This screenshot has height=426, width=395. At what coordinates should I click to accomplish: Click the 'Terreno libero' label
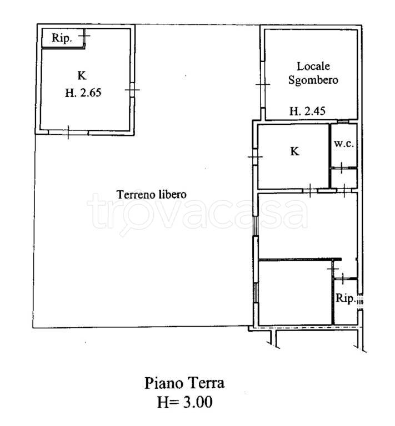pyautogui.click(x=152, y=195)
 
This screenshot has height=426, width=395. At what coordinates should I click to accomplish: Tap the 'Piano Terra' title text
pyautogui.click(x=184, y=383)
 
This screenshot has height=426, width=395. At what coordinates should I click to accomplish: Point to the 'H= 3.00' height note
pyautogui.click(x=184, y=402)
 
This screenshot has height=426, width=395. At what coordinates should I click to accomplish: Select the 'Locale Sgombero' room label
pyautogui.click(x=313, y=73)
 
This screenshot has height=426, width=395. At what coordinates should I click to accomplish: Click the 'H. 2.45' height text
pyautogui.click(x=307, y=111)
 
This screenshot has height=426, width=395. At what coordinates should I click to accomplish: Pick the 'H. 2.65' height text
pyautogui.click(x=83, y=93)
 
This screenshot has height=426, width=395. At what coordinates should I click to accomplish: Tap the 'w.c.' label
pyautogui.click(x=344, y=144)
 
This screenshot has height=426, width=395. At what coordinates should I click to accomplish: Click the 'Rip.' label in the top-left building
pyautogui.click(x=62, y=38)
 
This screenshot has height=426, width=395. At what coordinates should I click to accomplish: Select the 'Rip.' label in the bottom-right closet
pyautogui.click(x=346, y=298)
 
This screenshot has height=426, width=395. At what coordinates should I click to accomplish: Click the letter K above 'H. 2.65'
pyautogui.click(x=82, y=75)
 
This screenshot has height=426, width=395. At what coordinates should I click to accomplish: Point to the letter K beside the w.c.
pyautogui.click(x=294, y=151)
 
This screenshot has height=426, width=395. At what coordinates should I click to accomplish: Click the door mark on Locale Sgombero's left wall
pyautogui.click(x=263, y=84)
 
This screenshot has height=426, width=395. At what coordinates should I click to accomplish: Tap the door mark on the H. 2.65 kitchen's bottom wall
pyautogui.click(x=68, y=133)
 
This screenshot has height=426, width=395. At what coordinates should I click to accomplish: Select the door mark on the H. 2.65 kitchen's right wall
pyautogui.click(x=132, y=90)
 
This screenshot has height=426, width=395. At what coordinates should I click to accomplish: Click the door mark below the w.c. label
pyautogui.click(x=342, y=168)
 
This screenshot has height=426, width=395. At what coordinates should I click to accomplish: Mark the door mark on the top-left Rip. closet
pyautogui.click(x=84, y=35)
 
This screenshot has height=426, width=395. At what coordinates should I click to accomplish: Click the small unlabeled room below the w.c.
pyautogui.click(x=344, y=179)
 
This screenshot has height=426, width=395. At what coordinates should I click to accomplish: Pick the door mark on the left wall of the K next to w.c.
pyautogui.click(x=255, y=157)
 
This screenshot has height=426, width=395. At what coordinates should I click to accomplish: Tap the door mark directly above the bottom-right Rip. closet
pyautogui.click(x=342, y=278)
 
